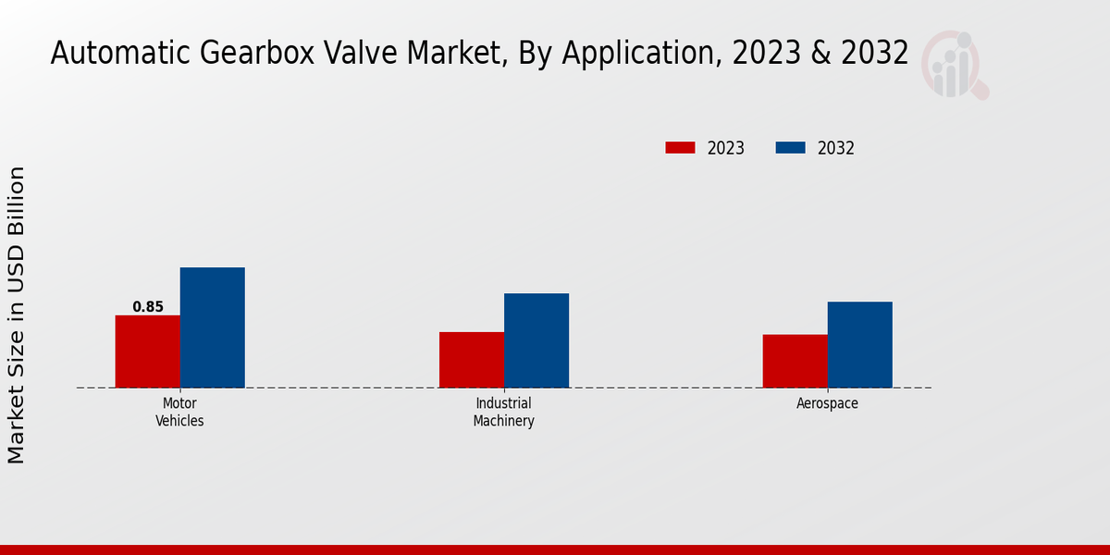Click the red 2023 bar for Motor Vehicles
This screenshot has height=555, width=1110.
pos(147,351)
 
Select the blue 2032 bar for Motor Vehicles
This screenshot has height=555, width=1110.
pos(212,327)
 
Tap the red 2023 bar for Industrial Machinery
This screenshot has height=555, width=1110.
pos(472,360)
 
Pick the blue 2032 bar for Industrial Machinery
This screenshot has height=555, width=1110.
pos(536,340)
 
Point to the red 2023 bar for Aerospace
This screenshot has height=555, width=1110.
pos(795,361)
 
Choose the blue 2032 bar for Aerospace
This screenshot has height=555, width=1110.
pos(859,344)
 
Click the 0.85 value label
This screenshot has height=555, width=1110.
pos(148,307)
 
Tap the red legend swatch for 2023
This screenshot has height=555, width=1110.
pos(680,148)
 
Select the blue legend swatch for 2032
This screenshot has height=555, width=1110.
pos(790,148)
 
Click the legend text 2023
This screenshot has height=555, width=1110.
pos(726,148)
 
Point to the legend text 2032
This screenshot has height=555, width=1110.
pos(836,148)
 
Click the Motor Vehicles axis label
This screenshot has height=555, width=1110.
pos(179,413)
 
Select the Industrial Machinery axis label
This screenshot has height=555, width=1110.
pos(503,413)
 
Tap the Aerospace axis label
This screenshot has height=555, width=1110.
pos(827,404)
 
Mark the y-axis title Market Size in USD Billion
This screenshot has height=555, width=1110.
pos(17,314)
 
